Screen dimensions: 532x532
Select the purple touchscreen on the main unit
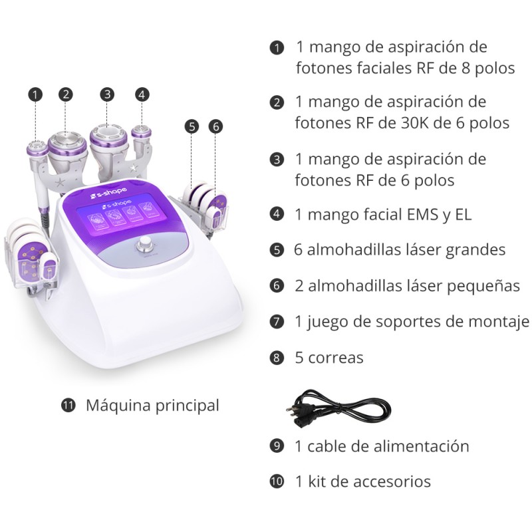click(x=122, y=219)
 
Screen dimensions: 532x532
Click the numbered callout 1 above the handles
click(x=36, y=94)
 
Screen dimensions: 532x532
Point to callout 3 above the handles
click(x=108, y=94)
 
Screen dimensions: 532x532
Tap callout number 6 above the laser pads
click(x=215, y=126)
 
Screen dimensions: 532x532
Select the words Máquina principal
click(x=152, y=405)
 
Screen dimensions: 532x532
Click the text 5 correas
click(x=329, y=358)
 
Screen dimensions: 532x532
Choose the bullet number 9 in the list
click(x=277, y=446)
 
